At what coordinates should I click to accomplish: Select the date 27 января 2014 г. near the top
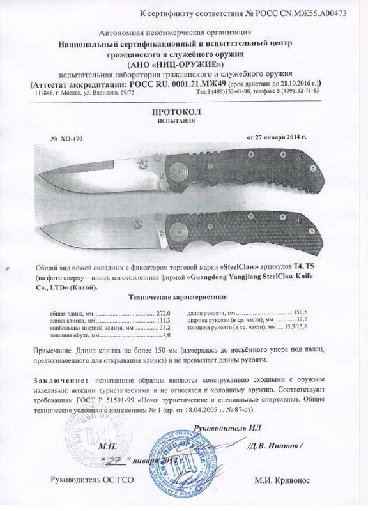(x=277, y=136)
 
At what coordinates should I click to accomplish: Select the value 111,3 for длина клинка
(x=164, y=321)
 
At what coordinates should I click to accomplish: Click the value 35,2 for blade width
(x=165, y=328)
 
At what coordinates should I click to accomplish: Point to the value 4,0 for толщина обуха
(x=168, y=335)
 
